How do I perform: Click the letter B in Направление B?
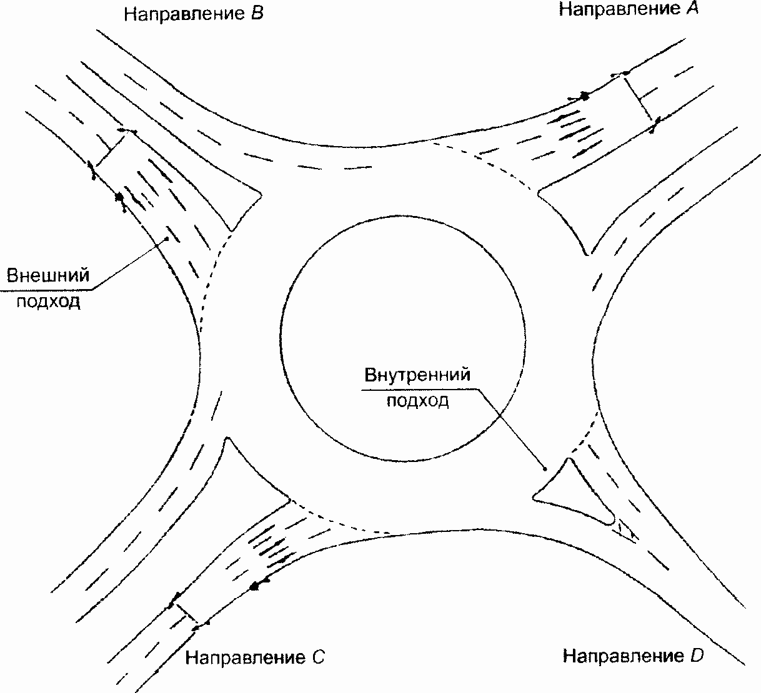click(256, 14)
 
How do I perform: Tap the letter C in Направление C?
click(317, 657)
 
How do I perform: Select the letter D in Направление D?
click(697, 656)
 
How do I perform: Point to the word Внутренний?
click(417, 376)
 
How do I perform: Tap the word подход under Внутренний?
click(417, 400)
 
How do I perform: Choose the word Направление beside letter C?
click(241, 657)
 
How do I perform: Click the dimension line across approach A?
click(639, 97)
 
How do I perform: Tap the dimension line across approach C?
click(184, 614)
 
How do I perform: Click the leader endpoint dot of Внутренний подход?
click(545, 468)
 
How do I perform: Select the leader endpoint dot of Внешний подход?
click(167, 237)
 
